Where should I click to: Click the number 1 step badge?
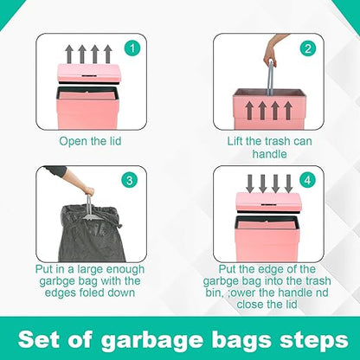[x=132, y=48]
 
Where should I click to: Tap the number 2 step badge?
[x=308, y=48]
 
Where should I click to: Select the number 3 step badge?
[x=130, y=180]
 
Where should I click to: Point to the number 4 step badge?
[x=308, y=180]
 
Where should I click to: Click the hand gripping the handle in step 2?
[x=270, y=55]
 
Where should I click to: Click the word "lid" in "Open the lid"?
[x=114, y=141]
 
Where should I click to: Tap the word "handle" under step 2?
[x=269, y=154]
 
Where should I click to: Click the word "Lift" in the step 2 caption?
[x=235, y=141]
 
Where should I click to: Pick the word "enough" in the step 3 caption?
[x=125, y=269]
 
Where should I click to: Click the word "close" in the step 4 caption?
[x=251, y=305]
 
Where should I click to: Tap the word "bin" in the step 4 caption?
[x=213, y=292]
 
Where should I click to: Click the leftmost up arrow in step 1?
[x=69, y=54]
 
